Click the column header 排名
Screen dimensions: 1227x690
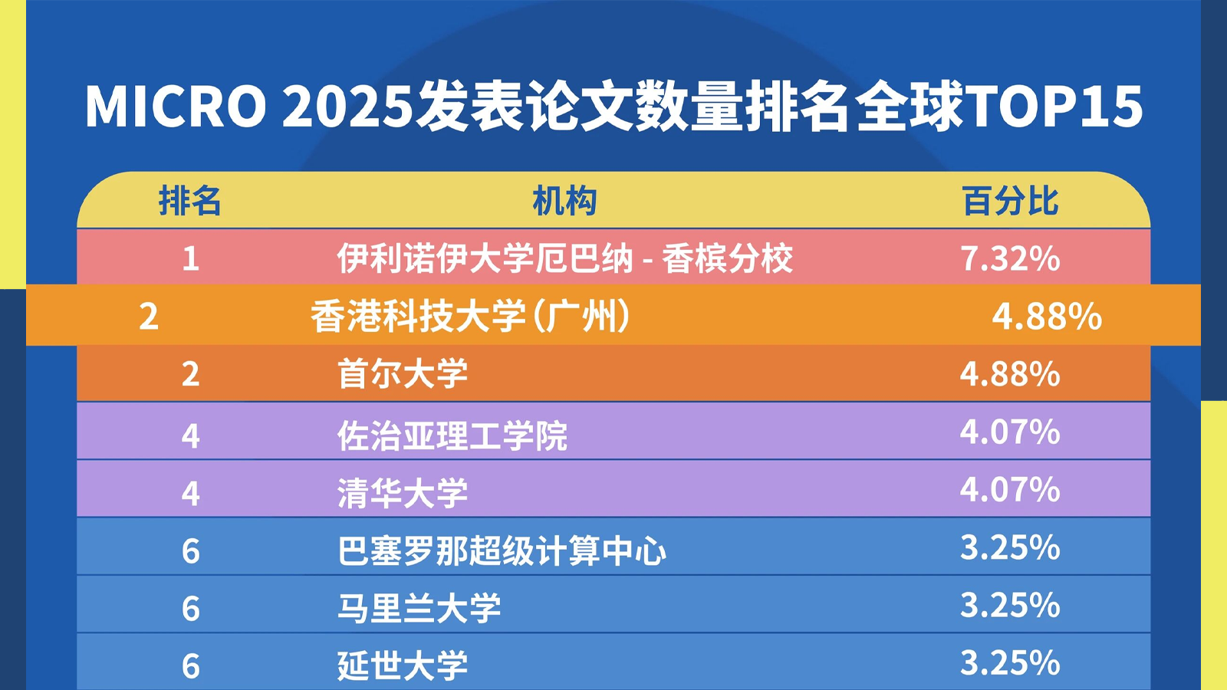coord(189,201)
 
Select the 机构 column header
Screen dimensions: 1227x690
coord(564,201)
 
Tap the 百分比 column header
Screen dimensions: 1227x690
coord(1011,201)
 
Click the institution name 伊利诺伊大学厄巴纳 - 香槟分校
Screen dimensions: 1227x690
coord(564,258)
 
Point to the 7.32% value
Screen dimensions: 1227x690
coord(1010,258)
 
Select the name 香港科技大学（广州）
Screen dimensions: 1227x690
coord(470,317)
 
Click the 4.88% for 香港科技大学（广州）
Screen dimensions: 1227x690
coord(1047,317)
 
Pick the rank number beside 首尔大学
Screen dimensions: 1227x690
coord(190,375)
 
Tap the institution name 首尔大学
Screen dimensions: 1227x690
coord(403,374)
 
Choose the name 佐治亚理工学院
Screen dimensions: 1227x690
coord(452,436)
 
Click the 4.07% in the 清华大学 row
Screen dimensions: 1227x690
coord(1010,490)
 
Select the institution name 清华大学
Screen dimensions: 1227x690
coord(403,493)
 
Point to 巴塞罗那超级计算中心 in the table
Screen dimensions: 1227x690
coord(502,551)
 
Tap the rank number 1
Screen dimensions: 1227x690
coord(190,258)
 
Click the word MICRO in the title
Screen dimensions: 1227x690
coord(176,107)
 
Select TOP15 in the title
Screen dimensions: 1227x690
coord(1052,107)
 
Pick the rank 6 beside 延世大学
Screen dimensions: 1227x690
coord(190,666)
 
